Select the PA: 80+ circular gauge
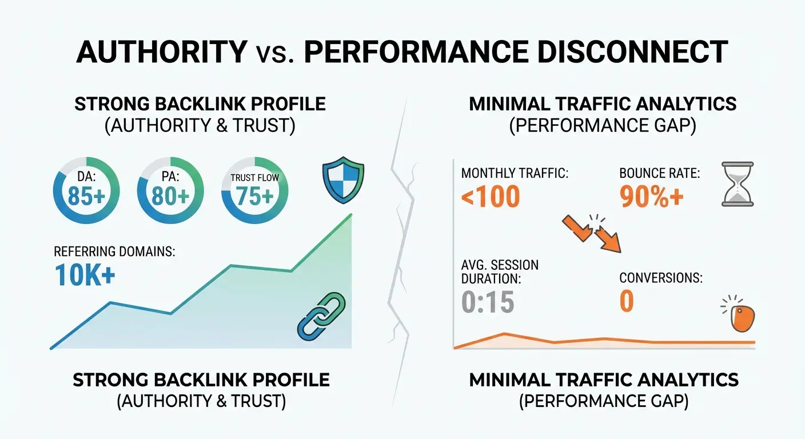170,189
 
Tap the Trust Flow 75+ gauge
254,189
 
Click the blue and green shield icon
342,180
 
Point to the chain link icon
321,314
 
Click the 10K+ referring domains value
85,275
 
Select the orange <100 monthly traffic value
491,197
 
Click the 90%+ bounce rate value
651,197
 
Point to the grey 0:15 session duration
488,302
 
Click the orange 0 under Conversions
627,302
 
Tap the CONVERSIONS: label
661,278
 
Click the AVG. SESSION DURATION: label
500,272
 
